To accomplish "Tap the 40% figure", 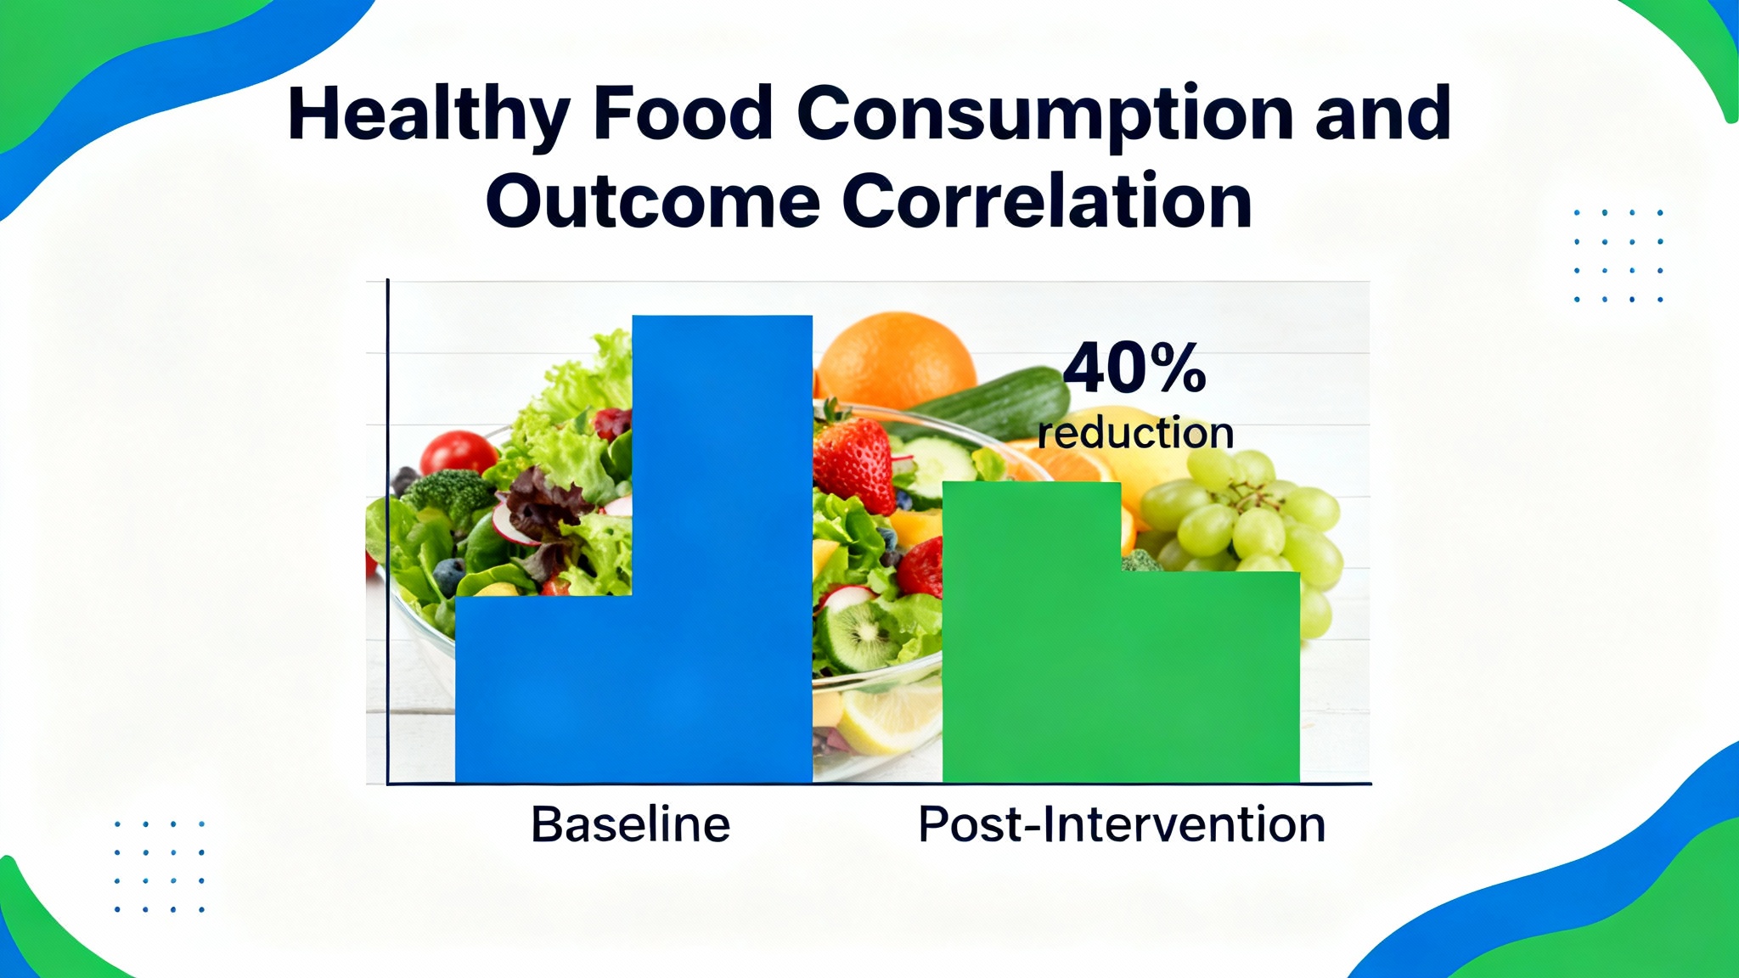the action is (1134, 368).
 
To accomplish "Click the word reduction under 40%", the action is (1135, 433).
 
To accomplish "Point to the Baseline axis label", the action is (630, 824).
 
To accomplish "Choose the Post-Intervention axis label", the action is (1122, 824).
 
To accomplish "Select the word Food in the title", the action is (684, 113).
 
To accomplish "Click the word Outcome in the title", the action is (653, 201).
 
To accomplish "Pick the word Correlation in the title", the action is (1047, 201).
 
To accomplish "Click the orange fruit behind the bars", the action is (895, 360).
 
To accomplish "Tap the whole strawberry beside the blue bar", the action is (853, 459).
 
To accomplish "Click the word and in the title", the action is (1383, 113).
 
